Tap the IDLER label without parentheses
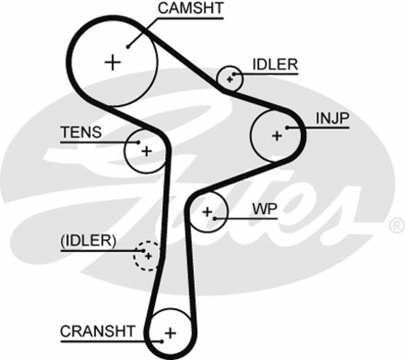point(275,65)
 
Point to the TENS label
point(81,133)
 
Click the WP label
point(265,209)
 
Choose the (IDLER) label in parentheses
point(88,241)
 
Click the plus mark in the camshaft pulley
point(113,62)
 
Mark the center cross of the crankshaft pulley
point(170,333)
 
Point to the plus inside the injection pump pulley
point(276,136)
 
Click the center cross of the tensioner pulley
point(146,151)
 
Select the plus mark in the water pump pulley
point(207,211)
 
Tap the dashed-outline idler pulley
point(147,256)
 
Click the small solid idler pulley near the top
point(229,78)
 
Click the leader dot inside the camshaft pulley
point(129,47)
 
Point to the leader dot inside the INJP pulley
point(287,128)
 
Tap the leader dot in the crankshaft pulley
point(161,341)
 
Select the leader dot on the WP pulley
point(215,219)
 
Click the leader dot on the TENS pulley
point(138,142)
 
